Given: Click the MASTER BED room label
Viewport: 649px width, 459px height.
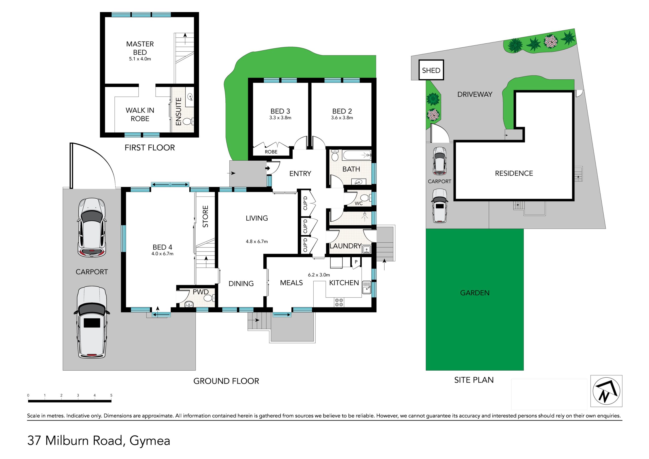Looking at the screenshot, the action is (140, 48).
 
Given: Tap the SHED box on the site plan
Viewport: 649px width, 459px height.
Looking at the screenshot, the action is (431, 70).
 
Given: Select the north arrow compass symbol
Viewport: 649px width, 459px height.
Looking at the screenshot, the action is (606, 391).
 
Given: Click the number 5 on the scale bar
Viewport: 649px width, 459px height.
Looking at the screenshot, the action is (111, 395).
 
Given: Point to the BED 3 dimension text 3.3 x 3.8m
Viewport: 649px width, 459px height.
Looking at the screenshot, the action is (280, 118).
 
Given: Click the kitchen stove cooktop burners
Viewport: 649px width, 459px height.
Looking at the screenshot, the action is (339, 302).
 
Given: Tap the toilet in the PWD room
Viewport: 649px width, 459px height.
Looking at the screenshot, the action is (209, 298).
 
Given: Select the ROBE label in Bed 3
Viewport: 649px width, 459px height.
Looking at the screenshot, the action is (271, 152).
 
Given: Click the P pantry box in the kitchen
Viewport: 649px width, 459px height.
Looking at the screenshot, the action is (356, 262).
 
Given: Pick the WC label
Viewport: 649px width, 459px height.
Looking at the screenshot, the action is (358, 203).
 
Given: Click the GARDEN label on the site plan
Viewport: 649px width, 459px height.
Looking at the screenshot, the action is (475, 293).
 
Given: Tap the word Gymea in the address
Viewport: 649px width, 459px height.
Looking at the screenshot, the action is (150, 441).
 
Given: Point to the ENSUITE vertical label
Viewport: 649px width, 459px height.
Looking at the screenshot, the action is (178, 112).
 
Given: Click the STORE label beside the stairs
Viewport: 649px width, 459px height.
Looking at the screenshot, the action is (205, 217).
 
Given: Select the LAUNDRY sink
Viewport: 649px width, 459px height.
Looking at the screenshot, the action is (367, 249).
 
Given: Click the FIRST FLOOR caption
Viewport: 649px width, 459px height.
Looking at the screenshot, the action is (150, 147).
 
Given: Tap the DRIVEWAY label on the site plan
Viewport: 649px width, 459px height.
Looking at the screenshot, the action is (475, 94).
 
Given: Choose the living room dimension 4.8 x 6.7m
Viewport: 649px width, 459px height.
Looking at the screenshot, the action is (257, 242).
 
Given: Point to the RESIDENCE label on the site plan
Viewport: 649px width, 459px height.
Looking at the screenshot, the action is (514, 173).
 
